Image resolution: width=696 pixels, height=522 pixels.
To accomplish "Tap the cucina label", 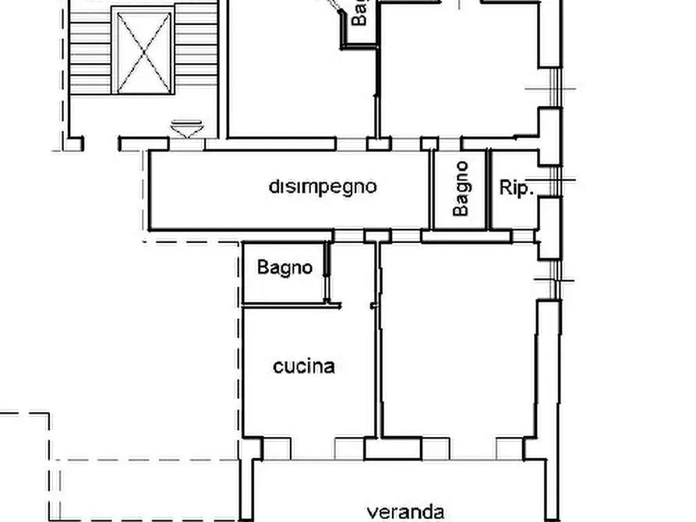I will (304, 366).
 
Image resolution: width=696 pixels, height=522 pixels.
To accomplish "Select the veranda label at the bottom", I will (405, 512).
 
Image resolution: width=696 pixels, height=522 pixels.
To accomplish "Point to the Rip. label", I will (516, 188).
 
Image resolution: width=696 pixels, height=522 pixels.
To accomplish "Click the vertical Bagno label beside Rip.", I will (461, 189).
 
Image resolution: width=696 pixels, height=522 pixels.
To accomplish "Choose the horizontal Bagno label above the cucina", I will (284, 268).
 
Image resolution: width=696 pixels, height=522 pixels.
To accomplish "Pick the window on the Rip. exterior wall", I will (555, 181).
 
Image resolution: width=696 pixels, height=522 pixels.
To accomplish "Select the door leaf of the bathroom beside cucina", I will (327, 273).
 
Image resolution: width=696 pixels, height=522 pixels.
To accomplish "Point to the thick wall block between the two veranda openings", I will (393, 449).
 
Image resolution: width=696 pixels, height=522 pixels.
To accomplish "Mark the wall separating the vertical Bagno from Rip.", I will (488, 189).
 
